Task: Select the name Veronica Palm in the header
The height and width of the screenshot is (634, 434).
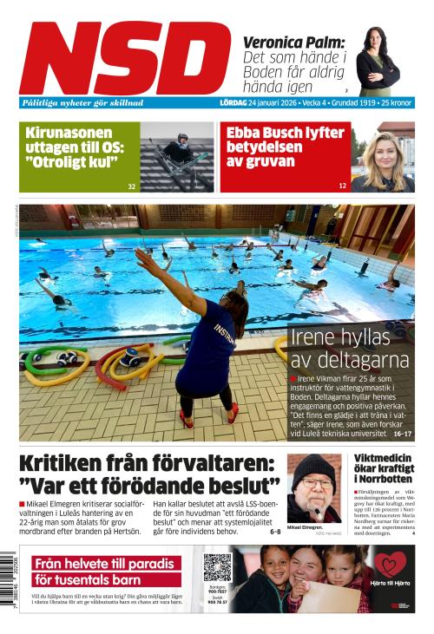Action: click(x=293, y=42)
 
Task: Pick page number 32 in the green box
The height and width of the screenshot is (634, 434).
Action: click(x=131, y=186)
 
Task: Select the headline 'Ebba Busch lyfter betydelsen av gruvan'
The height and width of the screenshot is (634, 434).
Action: click(x=286, y=147)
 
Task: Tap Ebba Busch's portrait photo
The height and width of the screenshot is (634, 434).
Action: click(x=382, y=158)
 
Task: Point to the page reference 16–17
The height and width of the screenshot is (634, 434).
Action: click(x=402, y=433)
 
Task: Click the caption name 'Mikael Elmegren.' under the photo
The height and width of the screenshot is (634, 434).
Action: click(x=305, y=527)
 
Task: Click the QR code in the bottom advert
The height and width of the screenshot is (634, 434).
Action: click(x=217, y=567)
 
